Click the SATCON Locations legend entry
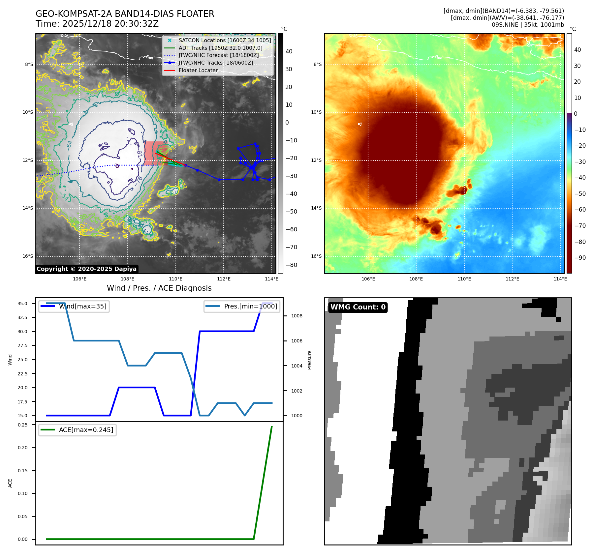225,40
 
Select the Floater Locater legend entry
198,70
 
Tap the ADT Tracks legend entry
220,48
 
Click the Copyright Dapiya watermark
86,269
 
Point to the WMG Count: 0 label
358,307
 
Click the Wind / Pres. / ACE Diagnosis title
159,288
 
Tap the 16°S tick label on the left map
28,256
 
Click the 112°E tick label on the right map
512,279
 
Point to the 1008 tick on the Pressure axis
297,316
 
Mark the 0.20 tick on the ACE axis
23,448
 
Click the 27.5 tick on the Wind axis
22,345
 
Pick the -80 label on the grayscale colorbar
291,265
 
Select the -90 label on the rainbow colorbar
580,258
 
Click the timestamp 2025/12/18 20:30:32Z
110,24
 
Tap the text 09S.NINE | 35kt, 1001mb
528,25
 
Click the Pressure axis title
309,360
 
